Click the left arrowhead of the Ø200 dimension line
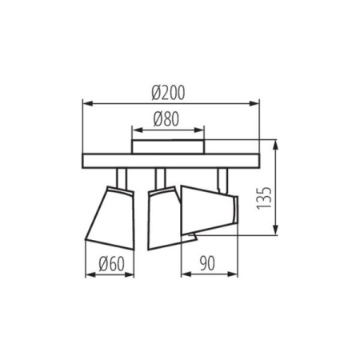(x=86, y=104)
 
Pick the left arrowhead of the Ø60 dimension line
(x=87, y=274)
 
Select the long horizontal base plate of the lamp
(x=171, y=161)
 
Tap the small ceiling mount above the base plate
(x=167, y=146)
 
